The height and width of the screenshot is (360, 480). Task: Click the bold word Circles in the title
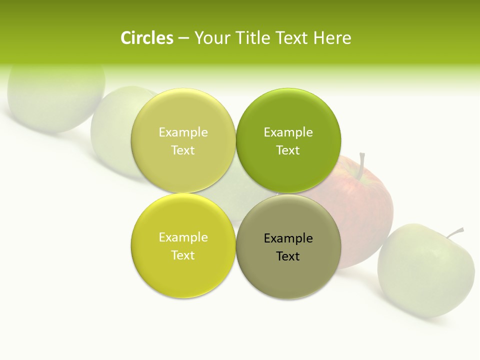[147, 38]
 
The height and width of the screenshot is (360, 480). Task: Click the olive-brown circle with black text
[288, 277]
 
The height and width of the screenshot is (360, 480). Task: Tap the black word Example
[288, 238]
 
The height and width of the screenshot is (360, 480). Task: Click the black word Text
[288, 256]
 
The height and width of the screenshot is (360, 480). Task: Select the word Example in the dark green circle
[288, 132]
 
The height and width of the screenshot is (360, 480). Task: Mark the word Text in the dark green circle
[288, 150]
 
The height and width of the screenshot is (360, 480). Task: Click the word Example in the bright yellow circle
[183, 237]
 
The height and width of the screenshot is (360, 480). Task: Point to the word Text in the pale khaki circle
[183, 150]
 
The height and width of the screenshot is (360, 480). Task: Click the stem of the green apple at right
[455, 232]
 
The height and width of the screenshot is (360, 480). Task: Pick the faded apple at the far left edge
[55, 100]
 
